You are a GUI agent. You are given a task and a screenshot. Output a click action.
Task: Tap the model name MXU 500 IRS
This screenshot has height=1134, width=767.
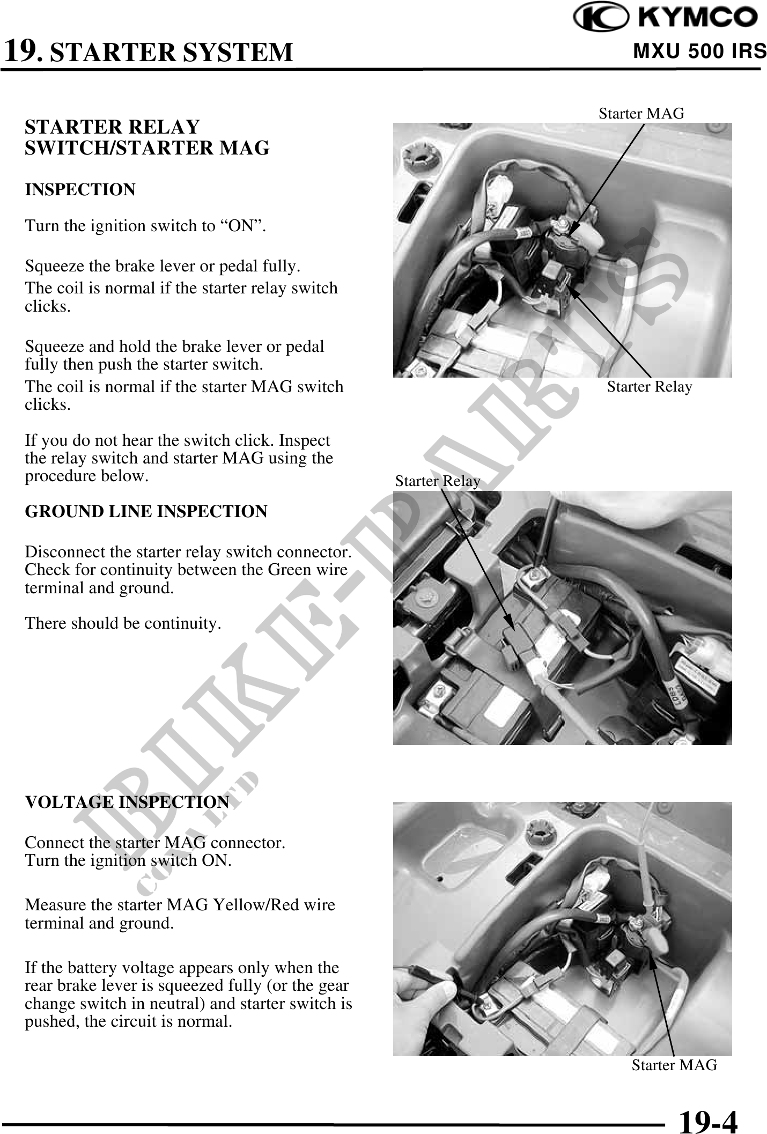[700, 51]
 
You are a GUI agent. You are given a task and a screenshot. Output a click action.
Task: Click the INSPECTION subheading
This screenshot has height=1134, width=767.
[80, 189]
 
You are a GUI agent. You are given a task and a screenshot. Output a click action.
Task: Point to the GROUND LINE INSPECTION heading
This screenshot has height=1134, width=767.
[146, 511]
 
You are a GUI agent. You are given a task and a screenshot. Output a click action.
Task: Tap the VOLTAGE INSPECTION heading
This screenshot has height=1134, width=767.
[127, 802]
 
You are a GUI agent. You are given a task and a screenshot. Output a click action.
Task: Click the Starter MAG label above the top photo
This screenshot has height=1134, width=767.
[641, 113]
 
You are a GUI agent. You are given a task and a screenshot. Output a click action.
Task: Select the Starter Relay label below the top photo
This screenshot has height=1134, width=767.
[650, 386]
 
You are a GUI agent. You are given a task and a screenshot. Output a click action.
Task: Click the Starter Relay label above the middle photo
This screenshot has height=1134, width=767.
[438, 481]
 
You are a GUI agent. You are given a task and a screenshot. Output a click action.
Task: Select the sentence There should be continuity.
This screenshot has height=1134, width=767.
[123, 623]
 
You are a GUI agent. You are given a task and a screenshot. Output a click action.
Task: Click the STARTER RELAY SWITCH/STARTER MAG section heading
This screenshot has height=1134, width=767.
[147, 137]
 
